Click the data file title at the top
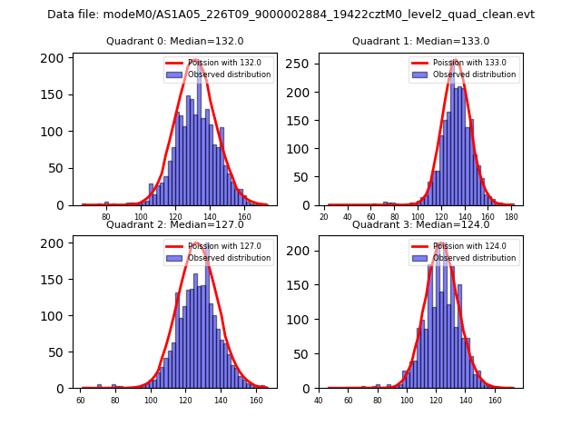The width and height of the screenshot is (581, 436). tap(290, 15)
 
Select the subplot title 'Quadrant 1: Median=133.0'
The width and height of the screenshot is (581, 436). tap(420, 41)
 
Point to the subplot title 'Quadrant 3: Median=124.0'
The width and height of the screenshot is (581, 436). tap(420, 224)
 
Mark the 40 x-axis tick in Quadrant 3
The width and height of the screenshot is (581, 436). tap(319, 401)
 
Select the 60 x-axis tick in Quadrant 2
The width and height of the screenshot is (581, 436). tap(81, 401)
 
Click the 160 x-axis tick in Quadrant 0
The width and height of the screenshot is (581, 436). tap(244, 218)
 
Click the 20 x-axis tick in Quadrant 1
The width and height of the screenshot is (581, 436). tap(324, 218)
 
